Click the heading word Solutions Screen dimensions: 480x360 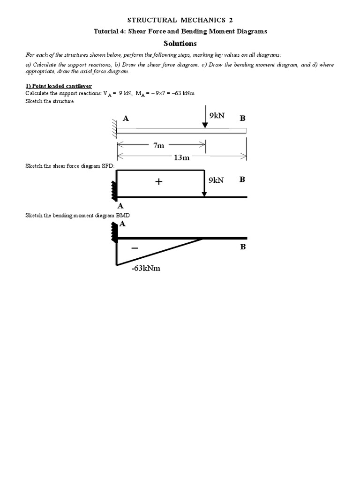(180, 44)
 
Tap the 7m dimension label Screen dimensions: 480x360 (159, 145)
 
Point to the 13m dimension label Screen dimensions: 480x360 (181, 157)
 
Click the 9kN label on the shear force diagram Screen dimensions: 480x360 (217, 180)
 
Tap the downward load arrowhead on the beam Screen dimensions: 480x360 (205, 125)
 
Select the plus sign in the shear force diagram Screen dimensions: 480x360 (159, 181)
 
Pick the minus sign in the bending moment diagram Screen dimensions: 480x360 (135, 247)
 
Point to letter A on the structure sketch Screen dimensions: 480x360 (126, 119)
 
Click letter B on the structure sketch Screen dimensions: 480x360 (242, 119)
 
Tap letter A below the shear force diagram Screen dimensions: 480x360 (120, 206)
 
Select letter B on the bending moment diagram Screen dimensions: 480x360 (243, 247)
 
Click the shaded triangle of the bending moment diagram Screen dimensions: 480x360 (141, 248)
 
